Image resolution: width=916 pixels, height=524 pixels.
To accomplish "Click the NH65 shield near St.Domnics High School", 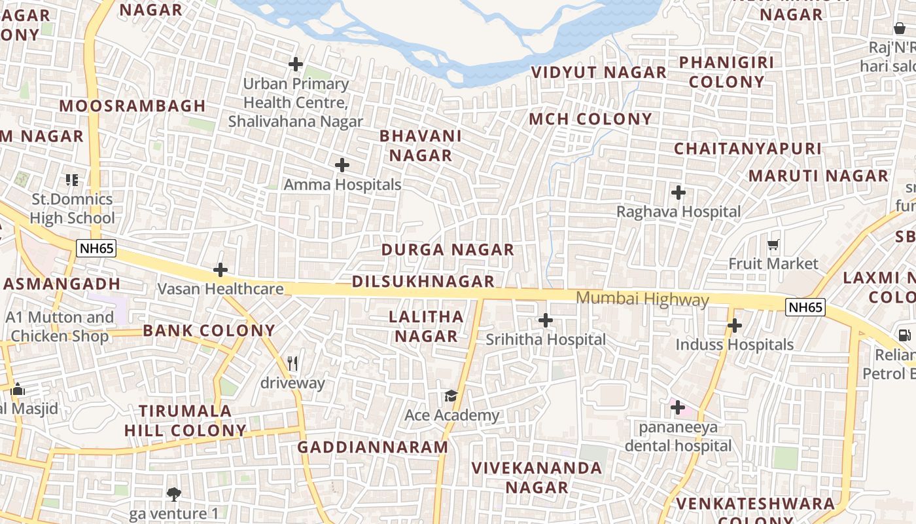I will coord(96,248).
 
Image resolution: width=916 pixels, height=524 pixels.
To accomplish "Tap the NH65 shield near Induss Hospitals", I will coord(805,307).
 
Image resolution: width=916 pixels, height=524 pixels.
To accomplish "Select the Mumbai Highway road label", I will coord(642,299).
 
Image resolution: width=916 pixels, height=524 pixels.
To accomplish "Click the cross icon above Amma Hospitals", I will coord(342,165).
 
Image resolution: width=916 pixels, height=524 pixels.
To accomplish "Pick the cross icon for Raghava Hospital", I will coord(678,193).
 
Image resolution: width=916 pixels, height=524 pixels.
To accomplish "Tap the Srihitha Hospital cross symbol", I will coord(545,320).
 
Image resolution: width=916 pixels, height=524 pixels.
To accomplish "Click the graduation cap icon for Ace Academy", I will coord(451,396).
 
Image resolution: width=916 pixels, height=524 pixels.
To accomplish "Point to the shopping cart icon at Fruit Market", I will coord(773,245).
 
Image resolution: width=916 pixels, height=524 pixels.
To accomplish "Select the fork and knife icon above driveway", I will coord(292,363).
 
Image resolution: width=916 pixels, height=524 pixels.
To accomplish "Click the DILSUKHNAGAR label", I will coord(423,282).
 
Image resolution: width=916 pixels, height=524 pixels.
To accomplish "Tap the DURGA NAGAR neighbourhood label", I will coord(448,250).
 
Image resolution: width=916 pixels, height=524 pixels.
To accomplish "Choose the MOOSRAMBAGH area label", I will coord(132,105).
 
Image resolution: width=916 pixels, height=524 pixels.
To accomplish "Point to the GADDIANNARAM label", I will coord(373,447).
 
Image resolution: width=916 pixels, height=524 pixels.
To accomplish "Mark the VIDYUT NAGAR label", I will coord(598,72).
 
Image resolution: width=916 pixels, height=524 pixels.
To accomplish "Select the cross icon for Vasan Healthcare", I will coord(220,269).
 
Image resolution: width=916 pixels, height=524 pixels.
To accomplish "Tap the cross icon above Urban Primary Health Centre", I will coord(296,64).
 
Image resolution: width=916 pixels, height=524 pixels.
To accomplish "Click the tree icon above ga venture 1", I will coord(173,494).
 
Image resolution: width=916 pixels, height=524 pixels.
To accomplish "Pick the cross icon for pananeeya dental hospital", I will coord(678,408).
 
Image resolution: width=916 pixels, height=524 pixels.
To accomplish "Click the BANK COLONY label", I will coord(209,330).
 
